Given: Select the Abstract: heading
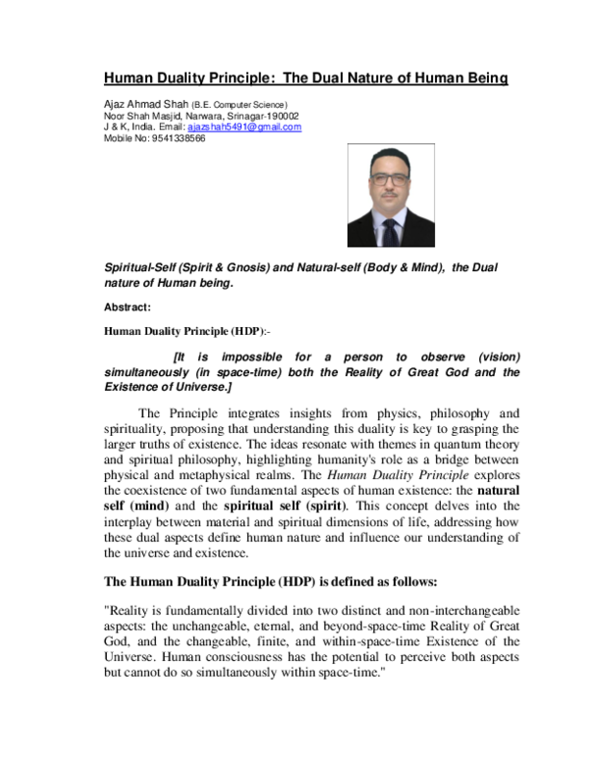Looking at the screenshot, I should click(128, 307).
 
